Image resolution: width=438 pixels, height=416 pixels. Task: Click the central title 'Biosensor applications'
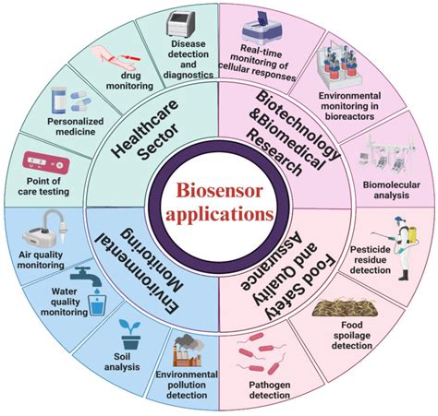(219, 199)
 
